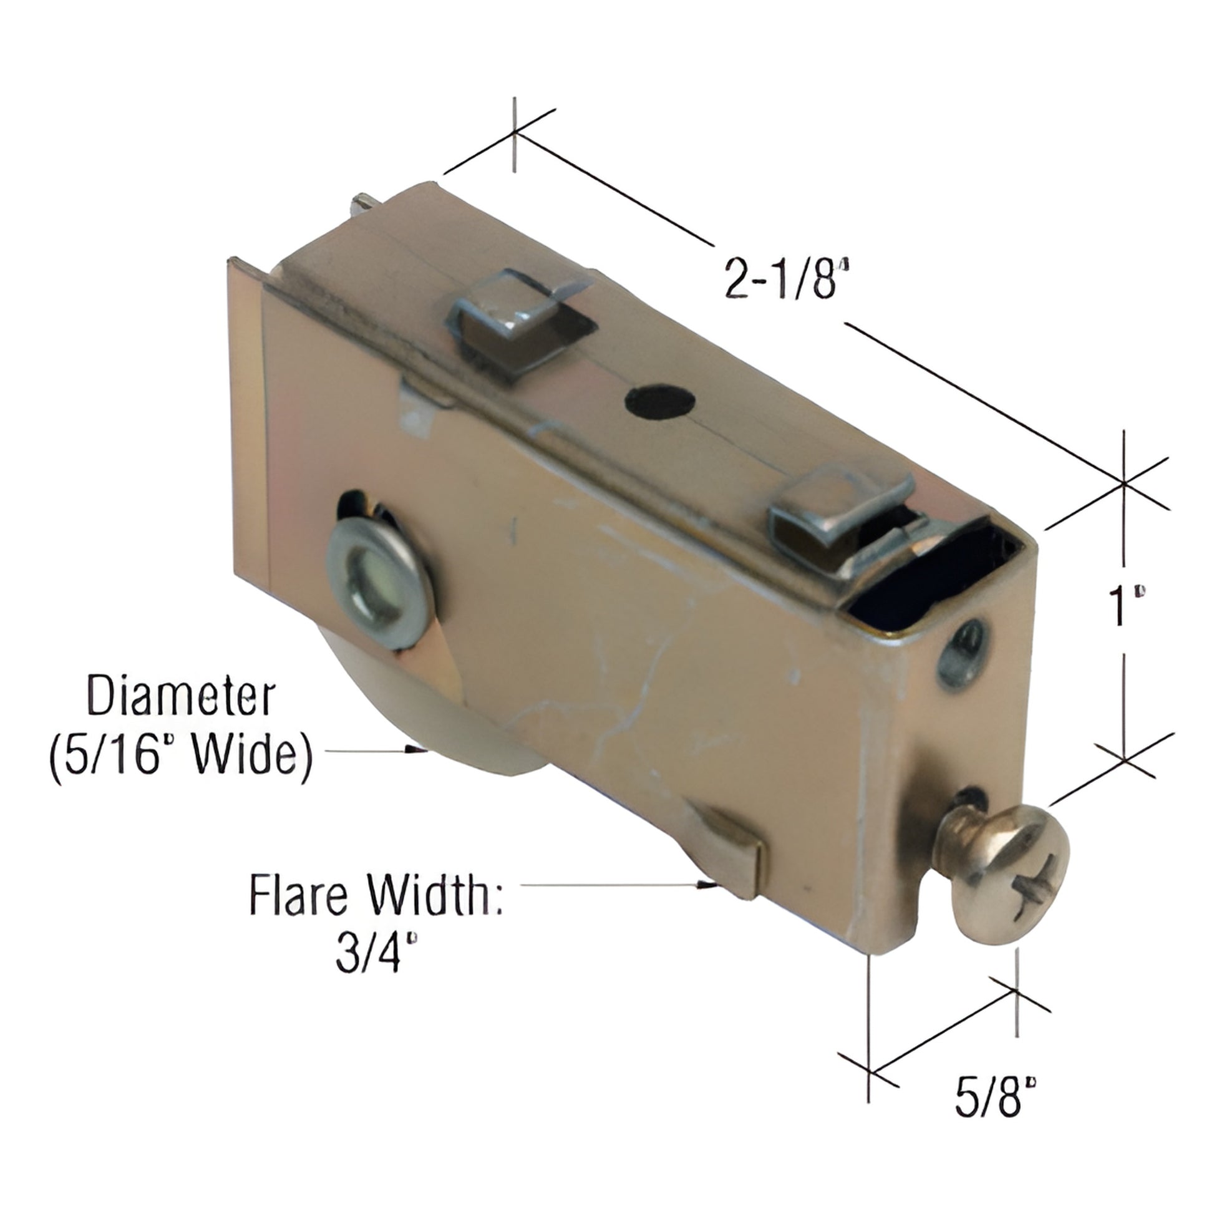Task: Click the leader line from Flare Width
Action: click(x=609, y=885)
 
